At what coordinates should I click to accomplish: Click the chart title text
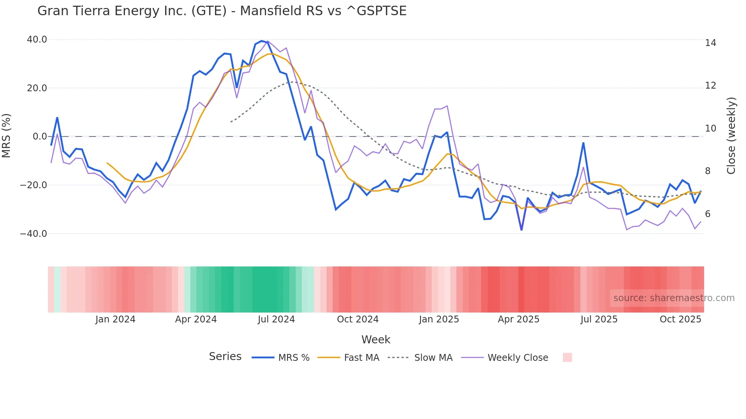tap(222, 11)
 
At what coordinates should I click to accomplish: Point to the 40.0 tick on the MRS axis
tap(37, 40)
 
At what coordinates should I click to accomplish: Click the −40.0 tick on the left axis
tap(33, 234)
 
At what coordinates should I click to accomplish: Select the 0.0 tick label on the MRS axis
tap(40, 136)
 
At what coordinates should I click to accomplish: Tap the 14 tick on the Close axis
tap(710, 43)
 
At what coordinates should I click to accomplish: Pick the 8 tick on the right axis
tap(708, 171)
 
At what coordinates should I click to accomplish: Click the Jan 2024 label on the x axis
tap(115, 319)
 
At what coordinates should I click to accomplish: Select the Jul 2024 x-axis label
tap(276, 319)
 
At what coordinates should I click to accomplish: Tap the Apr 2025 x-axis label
tap(518, 319)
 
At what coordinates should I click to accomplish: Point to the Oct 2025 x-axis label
tap(680, 319)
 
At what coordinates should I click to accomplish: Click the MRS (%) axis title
tap(6, 136)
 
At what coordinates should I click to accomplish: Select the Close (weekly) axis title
tap(731, 136)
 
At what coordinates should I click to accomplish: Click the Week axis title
tap(376, 340)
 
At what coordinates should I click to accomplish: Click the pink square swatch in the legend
tap(567, 357)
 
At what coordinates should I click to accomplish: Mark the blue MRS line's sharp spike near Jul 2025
tap(583, 143)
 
